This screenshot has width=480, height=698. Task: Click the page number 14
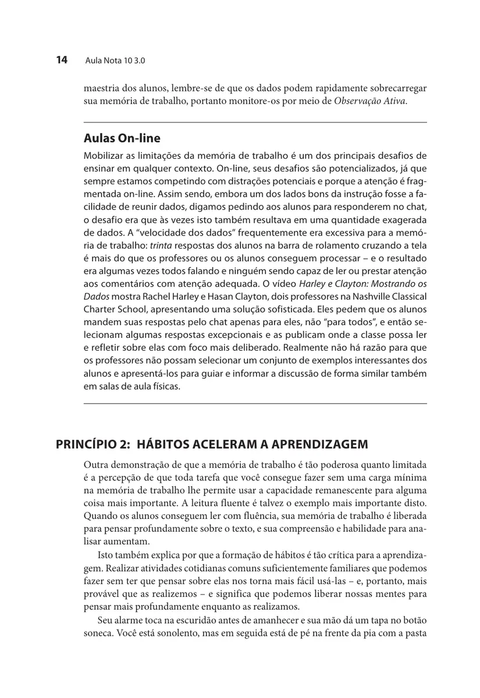62,59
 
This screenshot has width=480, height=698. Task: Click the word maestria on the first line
101,90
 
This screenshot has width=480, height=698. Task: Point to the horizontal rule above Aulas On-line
255,122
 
